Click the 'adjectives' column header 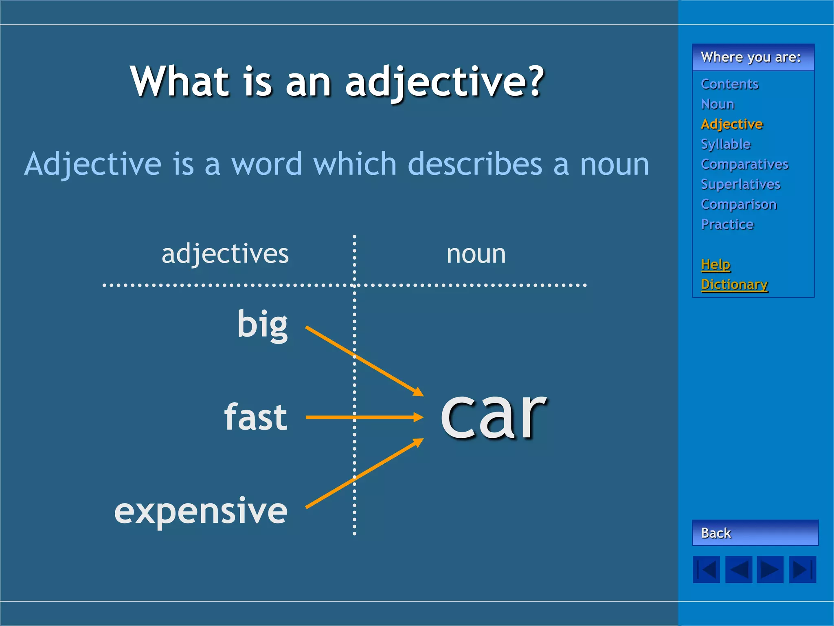click(225, 254)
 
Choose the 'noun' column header click(476, 254)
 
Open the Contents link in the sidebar click(729, 84)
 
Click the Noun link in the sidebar click(718, 104)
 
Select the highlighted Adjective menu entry click(732, 124)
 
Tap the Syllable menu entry click(726, 144)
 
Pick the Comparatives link click(744, 164)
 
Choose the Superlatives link click(740, 184)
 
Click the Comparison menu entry click(739, 204)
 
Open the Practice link click(727, 224)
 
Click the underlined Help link click(715, 265)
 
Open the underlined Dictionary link click(734, 284)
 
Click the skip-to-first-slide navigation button click(707, 569)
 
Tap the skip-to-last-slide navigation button click(802, 569)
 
